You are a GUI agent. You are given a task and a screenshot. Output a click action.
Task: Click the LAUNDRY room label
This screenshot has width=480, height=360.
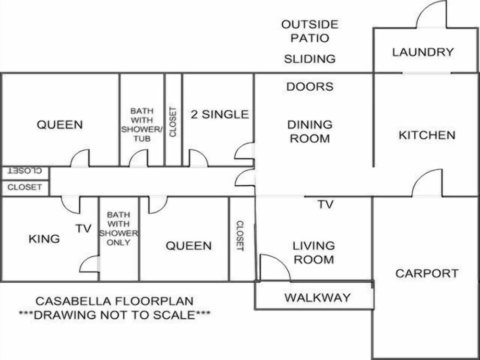pyautogui.click(x=423, y=52)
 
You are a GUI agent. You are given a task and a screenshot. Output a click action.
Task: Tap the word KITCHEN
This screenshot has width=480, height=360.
pyautogui.click(x=427, y=135)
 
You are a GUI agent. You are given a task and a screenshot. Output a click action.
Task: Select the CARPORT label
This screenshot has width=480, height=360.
pyautogui.click(x=427, y=273)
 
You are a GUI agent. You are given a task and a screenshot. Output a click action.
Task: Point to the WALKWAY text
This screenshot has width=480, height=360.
pyautogui.click(x=317, y=297)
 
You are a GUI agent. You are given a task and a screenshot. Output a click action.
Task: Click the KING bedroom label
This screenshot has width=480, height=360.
pyautogui.click(x=44, y=239)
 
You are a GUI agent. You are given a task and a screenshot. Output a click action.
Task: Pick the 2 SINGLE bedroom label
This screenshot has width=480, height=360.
pyautogui.click(x=220, y=115)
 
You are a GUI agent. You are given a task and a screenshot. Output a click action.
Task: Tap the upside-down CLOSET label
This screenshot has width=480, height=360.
pyautogui.click(x=25, y=170)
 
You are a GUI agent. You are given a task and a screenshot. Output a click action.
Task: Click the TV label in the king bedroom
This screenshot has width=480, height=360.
pyautogui.click(x=84, y=228)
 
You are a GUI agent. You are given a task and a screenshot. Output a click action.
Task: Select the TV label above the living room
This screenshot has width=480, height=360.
pyautogui.click(x=325, y=204)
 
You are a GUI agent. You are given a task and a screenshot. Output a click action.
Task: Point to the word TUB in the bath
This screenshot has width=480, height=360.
pyautogui.click(x=142, y=139)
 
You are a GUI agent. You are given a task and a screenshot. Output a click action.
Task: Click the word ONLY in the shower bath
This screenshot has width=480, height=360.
pyautogui.click(x=119, y=242)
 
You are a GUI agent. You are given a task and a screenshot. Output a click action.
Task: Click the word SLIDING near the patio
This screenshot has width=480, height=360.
pyautogui.click(x=310, y=59)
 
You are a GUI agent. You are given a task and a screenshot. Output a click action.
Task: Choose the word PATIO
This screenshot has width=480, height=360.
pyautogui.click(x=310, y=38)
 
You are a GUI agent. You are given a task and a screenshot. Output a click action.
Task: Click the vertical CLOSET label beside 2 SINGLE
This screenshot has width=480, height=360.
pyautogui.click(x=173, y=122)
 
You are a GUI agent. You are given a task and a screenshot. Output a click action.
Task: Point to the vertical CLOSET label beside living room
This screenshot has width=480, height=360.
pyautogui.click(x=240, y=236)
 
